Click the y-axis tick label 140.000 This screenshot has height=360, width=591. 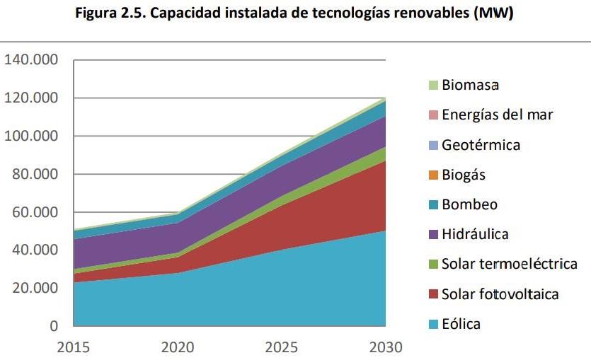click(31, 59)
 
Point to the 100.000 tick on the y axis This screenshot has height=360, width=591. click(31, 136)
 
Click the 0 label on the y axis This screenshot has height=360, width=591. click(53, 326)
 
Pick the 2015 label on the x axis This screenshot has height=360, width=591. click(74, 347)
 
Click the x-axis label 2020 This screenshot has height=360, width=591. click(178, 347)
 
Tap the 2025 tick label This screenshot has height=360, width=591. click(282, 347)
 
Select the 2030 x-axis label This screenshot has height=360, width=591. click(385, 347)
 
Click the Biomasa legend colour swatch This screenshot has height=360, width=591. click(432, 85)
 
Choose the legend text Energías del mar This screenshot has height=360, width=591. click(497, 115)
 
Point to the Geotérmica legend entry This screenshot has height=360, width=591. click(481, 145)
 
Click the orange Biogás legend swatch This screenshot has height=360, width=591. click(432, 175)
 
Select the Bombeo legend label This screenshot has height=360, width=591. click(469, 204)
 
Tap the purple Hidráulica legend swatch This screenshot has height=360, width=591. click(432, 234)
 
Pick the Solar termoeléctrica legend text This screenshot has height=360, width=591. click(509, 265)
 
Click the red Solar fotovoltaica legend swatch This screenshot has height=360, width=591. click(432, 294)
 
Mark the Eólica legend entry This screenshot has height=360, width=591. click(461, 324)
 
